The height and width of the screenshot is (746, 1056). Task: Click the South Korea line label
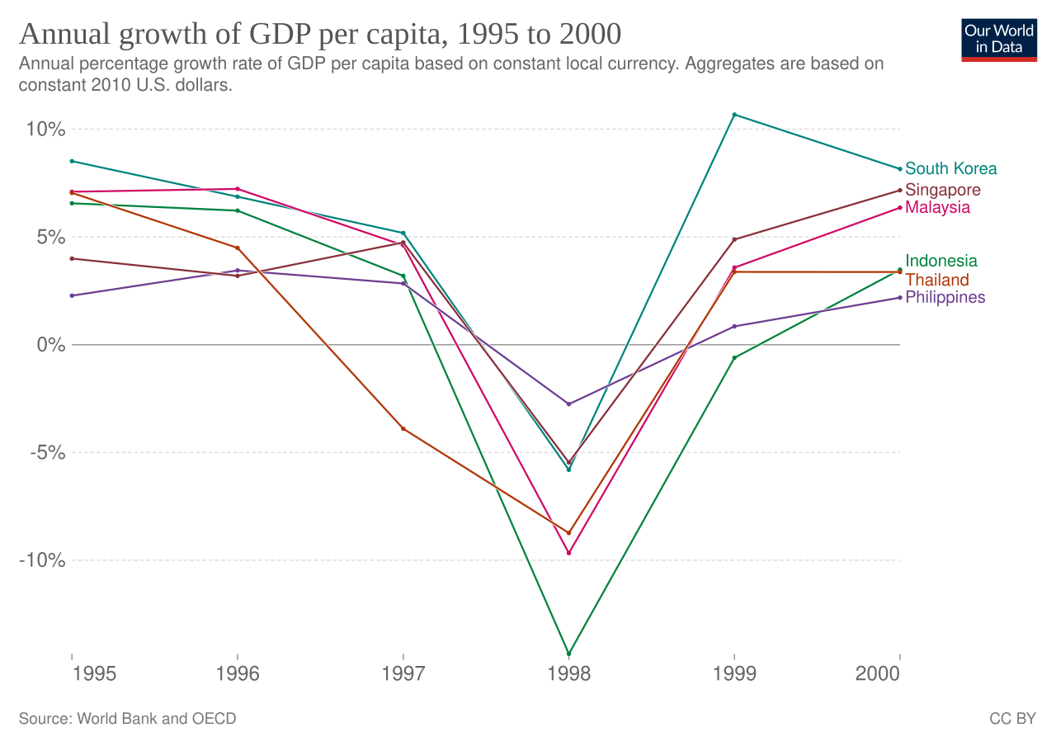(x=950, y=168)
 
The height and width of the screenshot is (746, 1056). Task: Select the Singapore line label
(x=943, y=190)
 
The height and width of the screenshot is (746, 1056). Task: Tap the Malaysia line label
(x=937, y=207)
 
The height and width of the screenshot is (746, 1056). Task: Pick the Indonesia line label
(x=941, y=261)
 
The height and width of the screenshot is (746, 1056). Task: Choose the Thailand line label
(x=937, y=280)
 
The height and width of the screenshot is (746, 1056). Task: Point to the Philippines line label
(x=945, y=297)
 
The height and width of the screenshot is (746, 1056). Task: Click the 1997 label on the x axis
(x=403, y=674)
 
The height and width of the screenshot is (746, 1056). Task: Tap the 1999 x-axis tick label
(x=734, y=674)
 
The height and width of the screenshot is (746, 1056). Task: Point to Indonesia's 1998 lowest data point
(x=568, y=654)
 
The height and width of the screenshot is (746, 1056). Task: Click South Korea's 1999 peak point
(x=734, y=115)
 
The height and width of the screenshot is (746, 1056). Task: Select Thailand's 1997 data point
(x=403, y=428)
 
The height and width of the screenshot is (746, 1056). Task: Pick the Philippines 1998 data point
(x=568, y=404)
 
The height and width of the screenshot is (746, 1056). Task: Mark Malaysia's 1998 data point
(x=568, y=553)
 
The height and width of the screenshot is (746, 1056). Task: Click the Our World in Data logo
(x=999, y=39)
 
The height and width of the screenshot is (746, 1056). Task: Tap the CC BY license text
(x=1012, y=719)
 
